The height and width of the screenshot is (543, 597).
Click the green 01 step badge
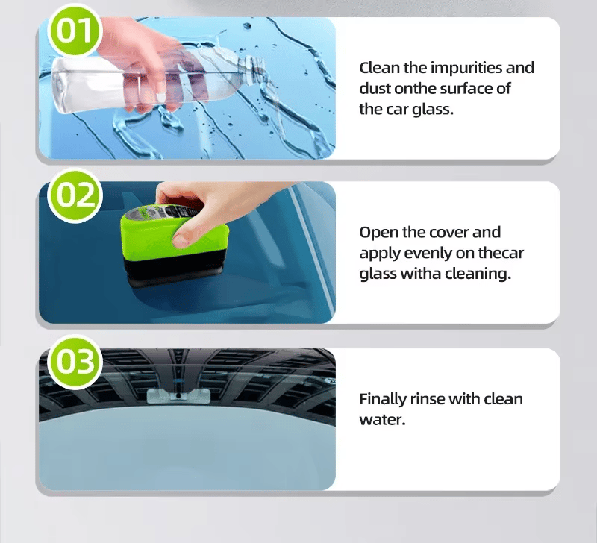[x=73, y=32]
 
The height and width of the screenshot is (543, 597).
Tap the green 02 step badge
[x=73, y=195]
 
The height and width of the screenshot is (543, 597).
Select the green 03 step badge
[x=73, y=362]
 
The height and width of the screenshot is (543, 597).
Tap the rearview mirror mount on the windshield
[x=178, y=395]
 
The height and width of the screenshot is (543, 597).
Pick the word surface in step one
[x=466, y=89]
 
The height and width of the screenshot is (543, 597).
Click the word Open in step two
[x=378, y=233]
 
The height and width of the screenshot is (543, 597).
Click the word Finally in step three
[x=384, y=399]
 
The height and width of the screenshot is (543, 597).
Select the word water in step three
[x=381, y=420]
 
